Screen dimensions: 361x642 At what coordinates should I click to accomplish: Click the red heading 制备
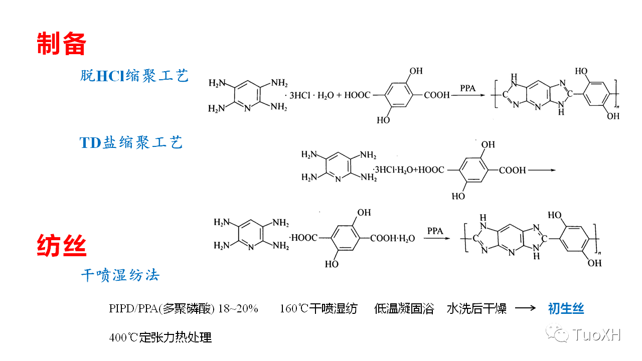tap(62, 44)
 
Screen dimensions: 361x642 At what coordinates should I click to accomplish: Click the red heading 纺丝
tap(62, 246)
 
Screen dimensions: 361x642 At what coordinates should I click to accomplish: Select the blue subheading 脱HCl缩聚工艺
tap(134, 76)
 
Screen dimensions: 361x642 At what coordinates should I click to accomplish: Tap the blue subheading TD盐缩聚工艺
tap(131, 142)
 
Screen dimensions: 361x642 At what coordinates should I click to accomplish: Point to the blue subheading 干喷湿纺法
tap(120, 275)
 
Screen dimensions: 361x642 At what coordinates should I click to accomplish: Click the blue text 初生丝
tap(566, 308)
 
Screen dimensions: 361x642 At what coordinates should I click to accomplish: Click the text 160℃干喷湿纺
tap(318, 308)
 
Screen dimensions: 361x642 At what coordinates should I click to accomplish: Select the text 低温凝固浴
tap(404, 308)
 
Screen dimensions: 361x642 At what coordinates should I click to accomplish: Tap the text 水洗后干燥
tap(476, 308)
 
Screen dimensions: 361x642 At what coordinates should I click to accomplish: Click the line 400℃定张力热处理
tap(160, 337)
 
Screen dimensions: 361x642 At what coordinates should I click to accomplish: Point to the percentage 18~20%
tap(238, 308)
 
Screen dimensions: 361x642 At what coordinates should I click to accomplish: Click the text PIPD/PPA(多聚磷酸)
tap(162, 308)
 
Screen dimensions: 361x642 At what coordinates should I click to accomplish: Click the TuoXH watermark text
tap(596, 334)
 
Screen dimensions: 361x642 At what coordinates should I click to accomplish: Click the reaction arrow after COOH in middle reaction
tap(542, 170)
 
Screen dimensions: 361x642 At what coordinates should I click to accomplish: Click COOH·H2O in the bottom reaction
tap(393, 238)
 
